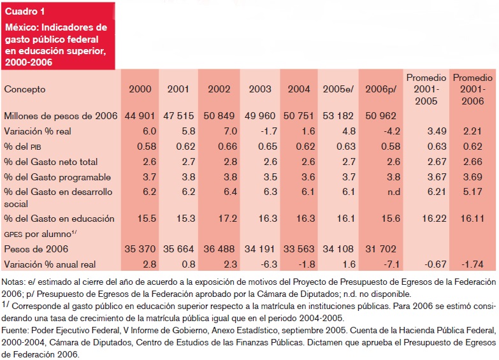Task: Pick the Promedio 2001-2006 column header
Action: pyautogui.click(x=473, y=89)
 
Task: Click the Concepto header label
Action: pyautogui.click(x=25, y=89)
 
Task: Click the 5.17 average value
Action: pyautogui.click(x=473, y=191)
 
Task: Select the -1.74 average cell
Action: pyautogui.click(x=473, y=264)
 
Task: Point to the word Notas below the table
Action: pyautogui.click(x=13, y=281)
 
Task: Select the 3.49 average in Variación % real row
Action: pyautogui.click(x=425, y=131)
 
